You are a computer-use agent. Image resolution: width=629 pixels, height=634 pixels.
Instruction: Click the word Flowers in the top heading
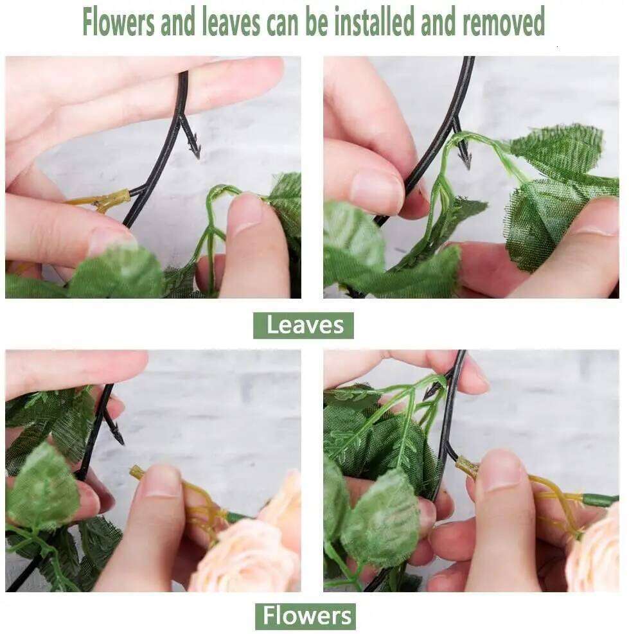point(118,22)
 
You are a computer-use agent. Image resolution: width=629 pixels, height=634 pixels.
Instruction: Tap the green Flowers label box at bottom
point(305,616)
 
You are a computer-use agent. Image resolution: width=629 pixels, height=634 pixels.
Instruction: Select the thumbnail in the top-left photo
point(109,240)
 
